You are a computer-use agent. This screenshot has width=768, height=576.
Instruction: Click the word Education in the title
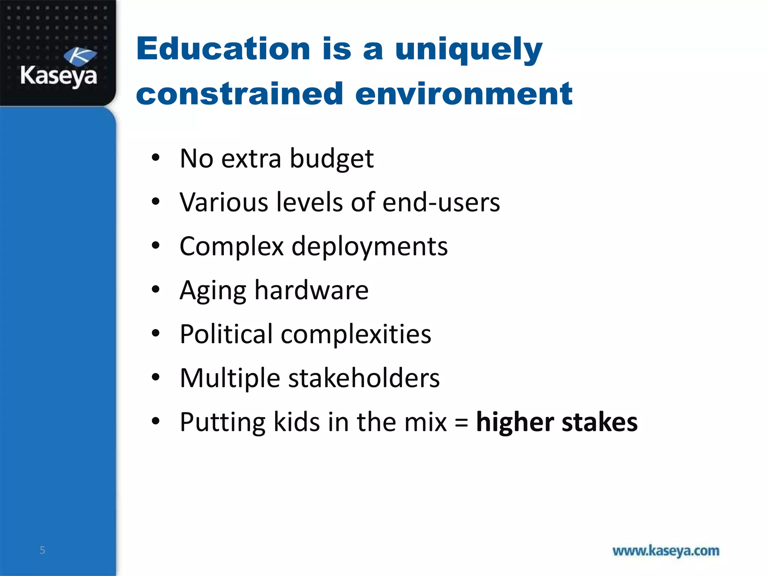[x=223, y=49]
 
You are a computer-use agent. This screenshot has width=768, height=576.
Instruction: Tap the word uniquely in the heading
[x=469, y=51]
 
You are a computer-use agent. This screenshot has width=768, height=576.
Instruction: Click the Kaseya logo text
[x=59, y=76]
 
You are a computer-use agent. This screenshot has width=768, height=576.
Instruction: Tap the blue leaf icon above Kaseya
[x=80, y=57]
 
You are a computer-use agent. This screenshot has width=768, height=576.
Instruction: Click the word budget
[x=331, y=159]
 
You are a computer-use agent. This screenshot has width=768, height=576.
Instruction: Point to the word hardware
[x=311, y=290]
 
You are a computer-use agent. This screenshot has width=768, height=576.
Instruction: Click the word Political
[x=226, y=334]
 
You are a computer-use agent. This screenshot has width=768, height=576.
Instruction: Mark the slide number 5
[x=42, y=550]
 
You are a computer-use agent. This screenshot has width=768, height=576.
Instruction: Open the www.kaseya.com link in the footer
[x=666, y=551]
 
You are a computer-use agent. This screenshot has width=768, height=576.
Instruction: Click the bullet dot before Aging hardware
[x=156, y=289]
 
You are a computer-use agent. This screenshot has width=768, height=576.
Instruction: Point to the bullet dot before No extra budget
[x=156, y=158]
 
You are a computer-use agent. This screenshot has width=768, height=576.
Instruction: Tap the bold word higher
[x=514, y=423]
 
